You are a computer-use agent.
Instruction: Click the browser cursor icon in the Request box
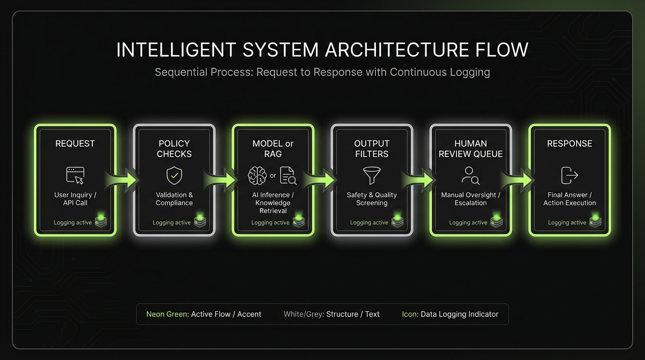coord(75,175)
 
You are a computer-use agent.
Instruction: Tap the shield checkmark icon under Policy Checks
coord(174,176)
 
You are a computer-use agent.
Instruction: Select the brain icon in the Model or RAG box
coord(257,176)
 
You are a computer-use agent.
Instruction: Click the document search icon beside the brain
coord(288,176)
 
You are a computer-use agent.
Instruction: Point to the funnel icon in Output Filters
coord(372,175)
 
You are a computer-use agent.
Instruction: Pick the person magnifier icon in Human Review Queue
coord(470,175)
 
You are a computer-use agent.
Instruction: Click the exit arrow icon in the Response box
coord(570,175)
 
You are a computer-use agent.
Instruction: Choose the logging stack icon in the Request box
coord(101,221)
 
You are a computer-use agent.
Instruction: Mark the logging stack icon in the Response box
coord(595,221)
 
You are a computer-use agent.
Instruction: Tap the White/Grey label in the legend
coord(304,314)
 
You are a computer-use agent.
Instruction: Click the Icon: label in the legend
coord(410,314)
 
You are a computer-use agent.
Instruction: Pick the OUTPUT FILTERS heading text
coord(372,149)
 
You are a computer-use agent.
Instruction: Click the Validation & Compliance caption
coord(174,199)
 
